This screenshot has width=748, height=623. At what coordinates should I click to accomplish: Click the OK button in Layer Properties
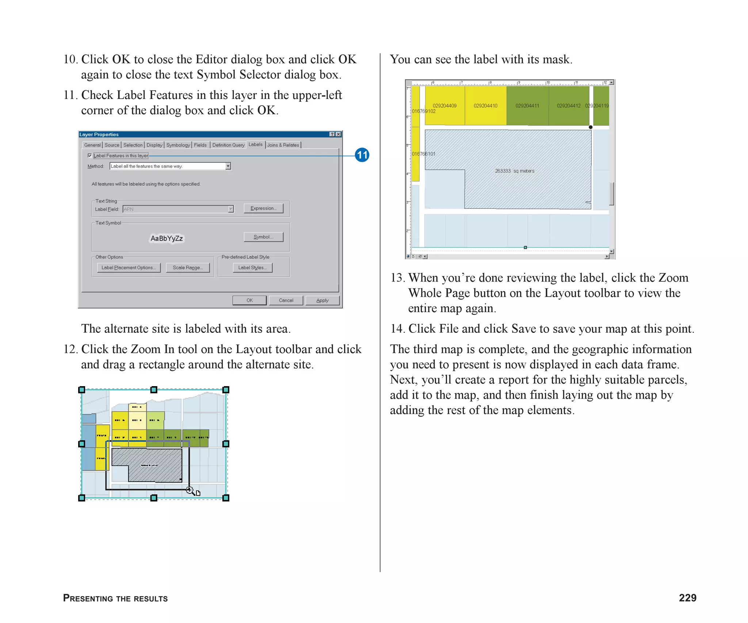[249, 300]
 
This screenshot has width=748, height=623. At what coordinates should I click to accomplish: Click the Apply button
[322, 300]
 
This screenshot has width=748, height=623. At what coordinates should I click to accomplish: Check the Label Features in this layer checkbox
[89, 155]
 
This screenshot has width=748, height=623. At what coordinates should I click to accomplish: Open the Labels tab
[255, 145]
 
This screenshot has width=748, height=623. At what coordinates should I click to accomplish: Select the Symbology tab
[178, 145]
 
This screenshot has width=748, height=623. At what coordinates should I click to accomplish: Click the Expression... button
[263, 208]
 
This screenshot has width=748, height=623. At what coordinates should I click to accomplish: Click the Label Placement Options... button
[129, 268]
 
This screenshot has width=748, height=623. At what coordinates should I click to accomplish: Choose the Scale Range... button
[187, 268]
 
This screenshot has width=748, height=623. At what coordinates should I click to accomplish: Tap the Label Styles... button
[252, 268]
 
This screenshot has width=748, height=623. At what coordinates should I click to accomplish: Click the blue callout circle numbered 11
[362, 155]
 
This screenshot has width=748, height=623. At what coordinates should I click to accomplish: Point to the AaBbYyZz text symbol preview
[167, 238]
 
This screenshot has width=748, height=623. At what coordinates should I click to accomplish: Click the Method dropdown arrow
[228, 166]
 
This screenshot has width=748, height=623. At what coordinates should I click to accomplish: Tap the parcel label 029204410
[485, 106]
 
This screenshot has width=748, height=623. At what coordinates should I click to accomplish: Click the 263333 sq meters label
[514, 171]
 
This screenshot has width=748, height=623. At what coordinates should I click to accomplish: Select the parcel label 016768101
[423, 154]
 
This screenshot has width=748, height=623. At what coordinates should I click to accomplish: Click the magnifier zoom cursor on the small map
[190, 490]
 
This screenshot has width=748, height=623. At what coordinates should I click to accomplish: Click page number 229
[687, 598]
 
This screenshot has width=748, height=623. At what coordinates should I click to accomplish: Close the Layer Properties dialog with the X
[339, 134]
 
